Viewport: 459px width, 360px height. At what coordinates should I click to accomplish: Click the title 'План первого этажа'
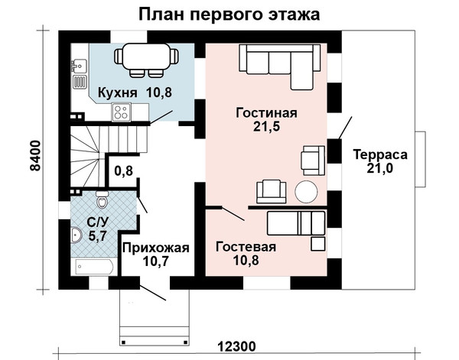229,15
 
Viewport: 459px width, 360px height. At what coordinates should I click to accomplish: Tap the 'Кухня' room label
117,92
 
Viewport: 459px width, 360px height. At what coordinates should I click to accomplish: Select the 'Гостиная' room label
266,113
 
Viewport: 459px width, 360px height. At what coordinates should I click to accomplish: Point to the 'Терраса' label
380,154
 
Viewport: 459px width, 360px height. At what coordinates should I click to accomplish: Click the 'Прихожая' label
156,248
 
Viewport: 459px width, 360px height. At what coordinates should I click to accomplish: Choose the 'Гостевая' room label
246,247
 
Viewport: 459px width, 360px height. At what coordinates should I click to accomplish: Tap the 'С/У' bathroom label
97,222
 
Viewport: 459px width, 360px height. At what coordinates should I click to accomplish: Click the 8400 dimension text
36,156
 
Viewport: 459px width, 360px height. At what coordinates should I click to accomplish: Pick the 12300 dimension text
236,347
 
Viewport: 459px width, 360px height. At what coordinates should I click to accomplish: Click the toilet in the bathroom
102,199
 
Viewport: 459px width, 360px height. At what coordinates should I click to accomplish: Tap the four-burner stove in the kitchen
122,112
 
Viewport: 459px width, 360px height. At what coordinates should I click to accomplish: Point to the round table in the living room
306,192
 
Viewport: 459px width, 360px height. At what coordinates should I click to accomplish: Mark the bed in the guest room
296,223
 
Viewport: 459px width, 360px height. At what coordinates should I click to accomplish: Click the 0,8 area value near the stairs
123,170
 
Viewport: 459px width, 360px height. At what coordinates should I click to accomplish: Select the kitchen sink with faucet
79,66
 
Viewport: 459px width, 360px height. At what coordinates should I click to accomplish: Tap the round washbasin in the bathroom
76,235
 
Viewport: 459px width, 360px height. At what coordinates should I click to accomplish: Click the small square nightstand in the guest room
317,244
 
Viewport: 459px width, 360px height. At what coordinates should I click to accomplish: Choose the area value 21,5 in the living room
266,127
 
